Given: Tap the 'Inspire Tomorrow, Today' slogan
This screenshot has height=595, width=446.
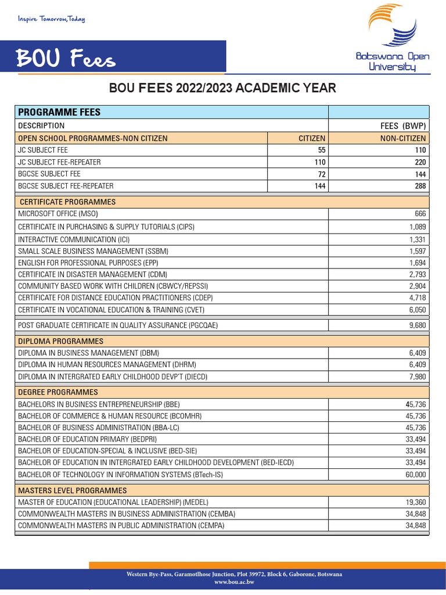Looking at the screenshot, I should (52, 19).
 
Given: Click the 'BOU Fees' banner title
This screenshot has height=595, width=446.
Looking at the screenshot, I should (65, 58).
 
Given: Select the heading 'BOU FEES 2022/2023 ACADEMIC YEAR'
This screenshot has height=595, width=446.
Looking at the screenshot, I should (223, 88).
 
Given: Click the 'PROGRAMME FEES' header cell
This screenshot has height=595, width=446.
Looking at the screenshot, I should (59, 112).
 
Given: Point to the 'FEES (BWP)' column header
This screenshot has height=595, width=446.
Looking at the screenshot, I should (402, 126).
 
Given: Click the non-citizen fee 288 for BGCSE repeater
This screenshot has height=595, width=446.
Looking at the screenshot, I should (419, 186).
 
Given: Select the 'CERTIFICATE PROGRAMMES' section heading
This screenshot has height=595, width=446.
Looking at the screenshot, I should (67, 202).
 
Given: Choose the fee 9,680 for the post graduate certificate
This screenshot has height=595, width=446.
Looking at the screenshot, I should (417, 325).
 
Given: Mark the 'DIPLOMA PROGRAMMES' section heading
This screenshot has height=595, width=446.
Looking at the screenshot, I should (60, 341).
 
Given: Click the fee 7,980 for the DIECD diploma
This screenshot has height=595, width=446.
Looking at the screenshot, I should (417, 377).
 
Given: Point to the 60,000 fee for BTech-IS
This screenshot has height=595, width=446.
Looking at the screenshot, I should (415, 475).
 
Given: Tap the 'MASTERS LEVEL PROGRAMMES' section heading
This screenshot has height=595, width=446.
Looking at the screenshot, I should (72, 490).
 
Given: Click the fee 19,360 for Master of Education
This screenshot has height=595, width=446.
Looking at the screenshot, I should (415, 502).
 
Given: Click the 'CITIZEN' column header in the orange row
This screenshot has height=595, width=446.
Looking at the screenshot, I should (312, 138).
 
